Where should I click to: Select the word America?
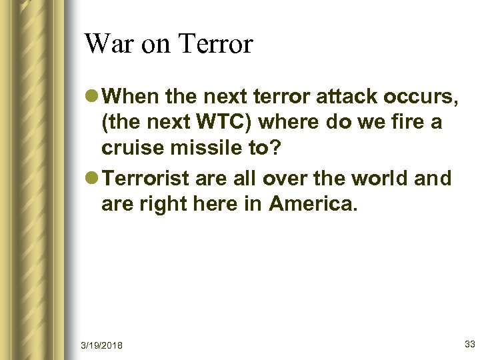coord(313,205)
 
